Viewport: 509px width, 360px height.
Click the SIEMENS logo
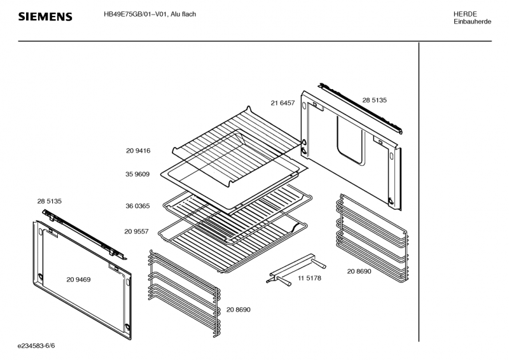click(x=44, y=17)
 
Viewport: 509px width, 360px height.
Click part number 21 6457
click(x=282, y=102)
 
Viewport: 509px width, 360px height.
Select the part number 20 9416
click(x=137, y=151)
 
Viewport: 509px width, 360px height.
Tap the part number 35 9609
click(x=137, y=174)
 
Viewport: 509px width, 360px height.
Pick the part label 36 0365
click(x=137, y=205)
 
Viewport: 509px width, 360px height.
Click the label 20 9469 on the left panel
click(x=78, y=279)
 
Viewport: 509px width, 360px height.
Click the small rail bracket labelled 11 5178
click(x=296, y=268)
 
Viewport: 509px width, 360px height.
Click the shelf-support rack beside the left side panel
click(x=183, y=289)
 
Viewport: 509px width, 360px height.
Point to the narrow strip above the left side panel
click(x=83, y=233)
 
